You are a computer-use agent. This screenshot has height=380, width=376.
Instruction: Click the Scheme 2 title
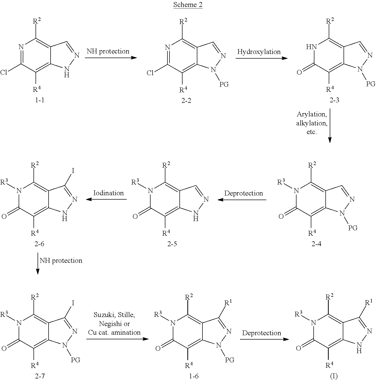(x=188, y=5)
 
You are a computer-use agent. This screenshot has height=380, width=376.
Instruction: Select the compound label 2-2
(x=186, y=101)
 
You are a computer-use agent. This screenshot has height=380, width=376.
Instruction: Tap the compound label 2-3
(x=334, y=100)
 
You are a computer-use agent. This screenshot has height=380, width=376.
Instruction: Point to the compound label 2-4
(x=316, y=244)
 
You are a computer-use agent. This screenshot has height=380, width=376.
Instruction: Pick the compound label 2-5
(x=172, y=244)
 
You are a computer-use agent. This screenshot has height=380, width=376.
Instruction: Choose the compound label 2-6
(x=39, y=244)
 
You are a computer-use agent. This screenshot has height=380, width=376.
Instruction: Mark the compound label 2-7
(x=39, y=376)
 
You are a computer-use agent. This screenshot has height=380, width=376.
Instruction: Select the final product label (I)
(x=334, y=376)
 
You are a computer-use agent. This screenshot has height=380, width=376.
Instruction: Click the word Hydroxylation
(x=259, y=52)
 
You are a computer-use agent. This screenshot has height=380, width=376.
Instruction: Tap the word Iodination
(x=108, y=193)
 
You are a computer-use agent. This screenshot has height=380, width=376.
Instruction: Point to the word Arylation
(x=312, y=114)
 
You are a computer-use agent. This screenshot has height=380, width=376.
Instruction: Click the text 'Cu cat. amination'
(x=114, y=332)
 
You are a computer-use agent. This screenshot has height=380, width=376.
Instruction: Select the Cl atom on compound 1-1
(x=4, y=73)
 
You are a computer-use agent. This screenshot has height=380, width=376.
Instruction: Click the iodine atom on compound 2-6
(x=73, y=170)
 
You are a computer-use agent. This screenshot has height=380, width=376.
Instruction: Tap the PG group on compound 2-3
(x=371, y=84)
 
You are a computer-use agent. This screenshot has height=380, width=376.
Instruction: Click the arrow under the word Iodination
(x=107, y=199)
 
